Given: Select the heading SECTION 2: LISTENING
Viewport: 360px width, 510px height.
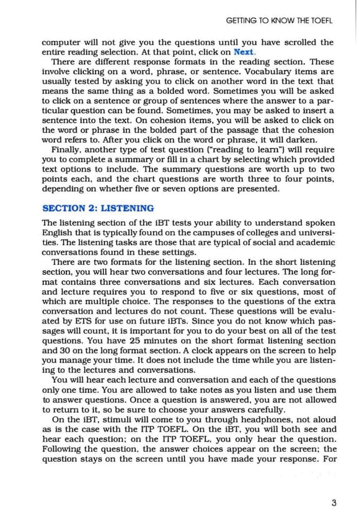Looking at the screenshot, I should coord(98,208).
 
